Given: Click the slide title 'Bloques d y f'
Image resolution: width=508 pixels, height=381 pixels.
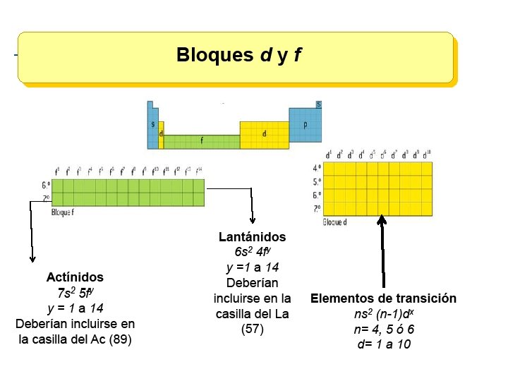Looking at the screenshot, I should click(x=238, y=55).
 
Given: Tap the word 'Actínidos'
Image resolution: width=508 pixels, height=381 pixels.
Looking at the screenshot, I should click(x=75, y=277).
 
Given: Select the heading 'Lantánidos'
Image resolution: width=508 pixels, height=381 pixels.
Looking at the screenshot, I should click(x=252, y=237).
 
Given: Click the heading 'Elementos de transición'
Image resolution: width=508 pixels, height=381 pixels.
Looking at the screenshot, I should click(x=383, y=298).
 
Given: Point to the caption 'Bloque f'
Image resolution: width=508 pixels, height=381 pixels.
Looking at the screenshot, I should click(x=63, y=212).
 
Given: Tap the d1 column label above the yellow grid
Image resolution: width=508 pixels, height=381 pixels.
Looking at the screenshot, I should click(x=329, y=155).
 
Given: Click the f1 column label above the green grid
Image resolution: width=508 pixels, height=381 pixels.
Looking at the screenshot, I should click(x=57, y=171).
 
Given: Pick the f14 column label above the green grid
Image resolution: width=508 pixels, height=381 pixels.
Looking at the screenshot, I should click(x=199, y=171).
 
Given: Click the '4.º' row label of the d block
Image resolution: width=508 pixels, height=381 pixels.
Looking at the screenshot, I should click(x=317, y=168).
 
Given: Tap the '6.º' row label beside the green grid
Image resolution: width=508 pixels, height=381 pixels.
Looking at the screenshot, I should click(x=46, y=186).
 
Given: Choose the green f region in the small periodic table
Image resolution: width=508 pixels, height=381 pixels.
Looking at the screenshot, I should click(x=202, y=140).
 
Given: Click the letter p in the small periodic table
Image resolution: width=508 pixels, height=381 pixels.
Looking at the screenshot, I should click(x=305, y=124).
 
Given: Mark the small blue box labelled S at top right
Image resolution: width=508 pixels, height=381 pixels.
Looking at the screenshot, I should click(x=319, y=104).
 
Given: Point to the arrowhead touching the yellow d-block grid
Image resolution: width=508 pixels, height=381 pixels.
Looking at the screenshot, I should click(x=382, y=220).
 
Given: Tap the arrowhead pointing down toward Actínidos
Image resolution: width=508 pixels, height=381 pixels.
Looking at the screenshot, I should click(x=31, y=259).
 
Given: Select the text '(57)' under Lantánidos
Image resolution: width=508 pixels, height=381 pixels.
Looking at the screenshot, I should click(x=252, y=329).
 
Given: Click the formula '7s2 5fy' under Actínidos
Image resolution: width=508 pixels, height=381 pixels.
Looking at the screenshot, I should click(x=75, y=292).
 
